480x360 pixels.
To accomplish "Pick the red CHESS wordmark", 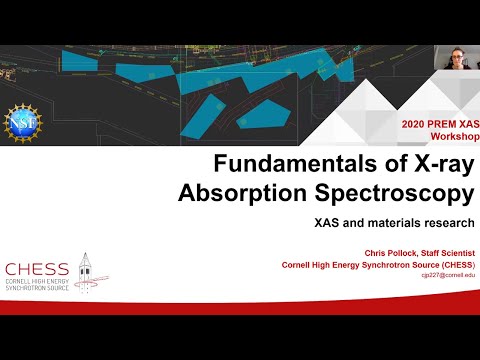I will (x=37, y=268).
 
